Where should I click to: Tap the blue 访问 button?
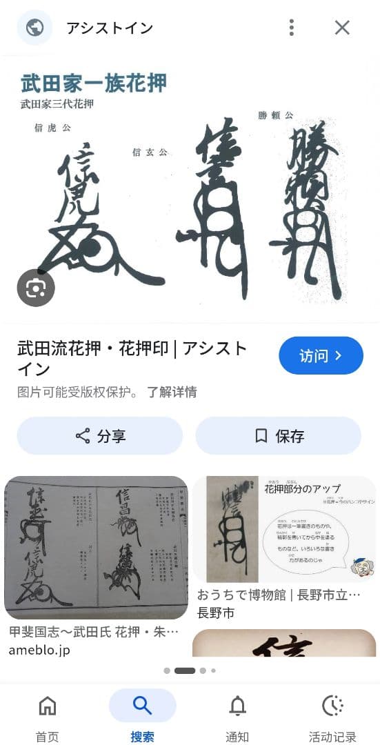pyautogui.click(x=321, y=355)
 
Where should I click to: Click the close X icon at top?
pyautogui.click(x=342, y=28)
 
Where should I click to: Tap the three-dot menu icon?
pyautogui.click(x=292, y=28)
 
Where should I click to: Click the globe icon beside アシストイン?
pyautogui.click(x=34, y=28)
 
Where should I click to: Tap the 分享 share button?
pyautogui.click(x=100, y=436)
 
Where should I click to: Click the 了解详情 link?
pyautogui.click(x=172, y=392)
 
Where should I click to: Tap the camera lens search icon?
pyautogui.click(x=36, y=288)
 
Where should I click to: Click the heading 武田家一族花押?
pyautogui.click(x=94, y=83)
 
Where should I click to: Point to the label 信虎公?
pyautogui.click(x=52, y=128)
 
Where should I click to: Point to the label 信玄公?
pyautogui.click(x=150, y=152)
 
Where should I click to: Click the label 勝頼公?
pyautogui.click(x=275, y=115)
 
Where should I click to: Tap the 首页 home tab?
pyautogui.click(x=48, y=717)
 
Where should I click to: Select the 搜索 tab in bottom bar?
pyautogui.click(x=142, y=717)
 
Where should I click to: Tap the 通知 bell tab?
pyautogui.click(x=237, y=717)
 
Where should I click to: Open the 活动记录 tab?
pyautogui.click(x=333, y=717)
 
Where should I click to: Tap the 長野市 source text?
pyautogui.click(x=216, y=613)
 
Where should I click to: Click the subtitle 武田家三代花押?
pyautogui.click(x=57, y=105)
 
